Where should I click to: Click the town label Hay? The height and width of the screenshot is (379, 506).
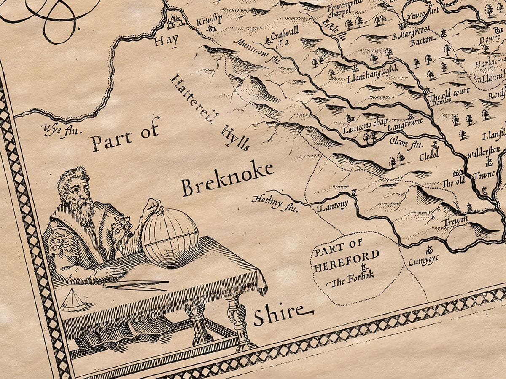tap(166, 41)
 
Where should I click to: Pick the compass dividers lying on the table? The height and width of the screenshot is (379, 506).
tap(135, 285)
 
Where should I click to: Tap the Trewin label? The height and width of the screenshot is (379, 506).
tap(454, 222)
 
